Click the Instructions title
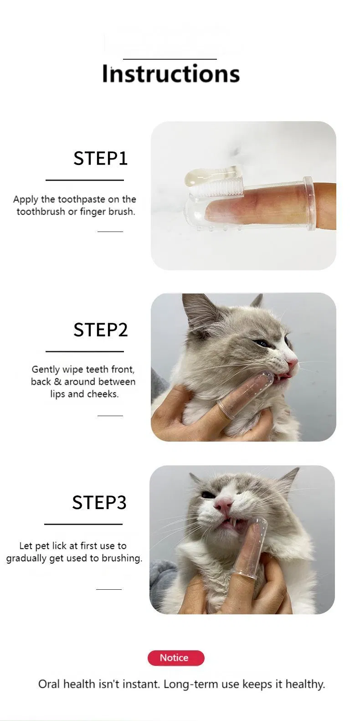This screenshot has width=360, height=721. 171,74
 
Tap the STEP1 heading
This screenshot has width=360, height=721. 100,158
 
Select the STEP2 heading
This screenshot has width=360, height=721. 100,330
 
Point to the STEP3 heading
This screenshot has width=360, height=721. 99,502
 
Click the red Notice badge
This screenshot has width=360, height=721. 175,658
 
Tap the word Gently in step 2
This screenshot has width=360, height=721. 46,370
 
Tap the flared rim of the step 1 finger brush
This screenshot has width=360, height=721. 309,203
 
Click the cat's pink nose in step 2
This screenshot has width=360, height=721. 292,363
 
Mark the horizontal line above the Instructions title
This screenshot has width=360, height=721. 170,59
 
